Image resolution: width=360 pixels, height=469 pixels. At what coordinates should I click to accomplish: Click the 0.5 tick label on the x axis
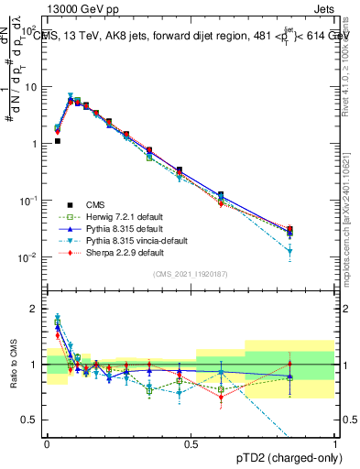(x=191, y=444)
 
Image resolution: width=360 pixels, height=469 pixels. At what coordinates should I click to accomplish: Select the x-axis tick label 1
(x=336, y=444)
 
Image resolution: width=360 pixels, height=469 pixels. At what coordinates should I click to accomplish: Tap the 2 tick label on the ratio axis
(x=38, y=309)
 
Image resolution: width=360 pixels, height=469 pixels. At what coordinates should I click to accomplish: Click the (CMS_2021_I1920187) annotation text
(x=191, y=273)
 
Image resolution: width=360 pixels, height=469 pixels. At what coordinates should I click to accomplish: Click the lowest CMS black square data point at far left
(x=57, y=141)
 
